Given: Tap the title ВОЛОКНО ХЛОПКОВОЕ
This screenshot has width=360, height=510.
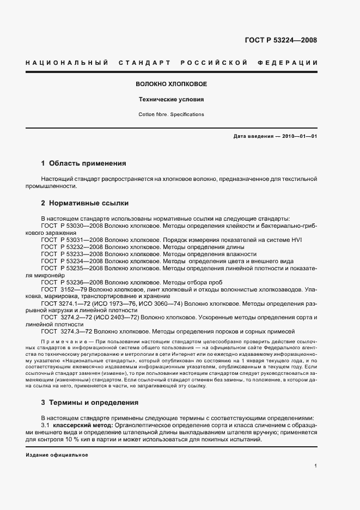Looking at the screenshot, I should [x=171, y=84].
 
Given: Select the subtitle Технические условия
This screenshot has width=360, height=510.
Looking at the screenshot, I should [x=171, y=100].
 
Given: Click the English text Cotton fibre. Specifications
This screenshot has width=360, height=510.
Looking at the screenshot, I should [x=171, y=114].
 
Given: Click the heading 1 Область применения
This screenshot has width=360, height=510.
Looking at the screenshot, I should [x=84, y=163].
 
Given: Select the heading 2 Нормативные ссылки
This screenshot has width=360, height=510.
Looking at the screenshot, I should [x=85, y=203].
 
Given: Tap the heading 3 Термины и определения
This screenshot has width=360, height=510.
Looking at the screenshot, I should [x=90, y=403].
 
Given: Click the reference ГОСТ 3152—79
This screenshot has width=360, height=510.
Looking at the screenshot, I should [x=65, y=289].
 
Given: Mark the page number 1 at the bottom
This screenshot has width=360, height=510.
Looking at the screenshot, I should [x=316, y=466].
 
